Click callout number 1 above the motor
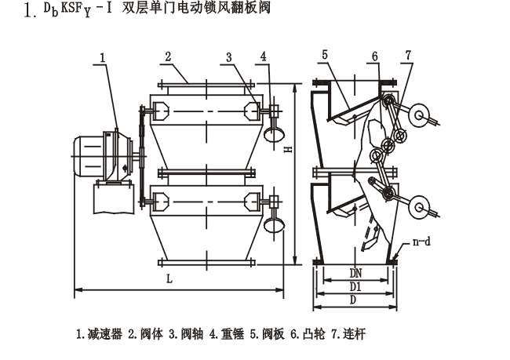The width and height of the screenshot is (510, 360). coord(102,56)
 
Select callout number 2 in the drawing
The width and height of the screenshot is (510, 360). coord(168,56)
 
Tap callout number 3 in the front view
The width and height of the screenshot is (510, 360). coord(228,56)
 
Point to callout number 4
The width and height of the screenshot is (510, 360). coord(263,56)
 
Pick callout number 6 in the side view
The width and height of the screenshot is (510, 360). coord(375,56)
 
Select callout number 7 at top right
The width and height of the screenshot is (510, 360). coord(407,56)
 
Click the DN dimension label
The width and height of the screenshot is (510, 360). coord(354,273)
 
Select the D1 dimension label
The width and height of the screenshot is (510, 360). coord(354,287)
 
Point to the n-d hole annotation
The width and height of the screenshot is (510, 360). coord(422,243)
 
